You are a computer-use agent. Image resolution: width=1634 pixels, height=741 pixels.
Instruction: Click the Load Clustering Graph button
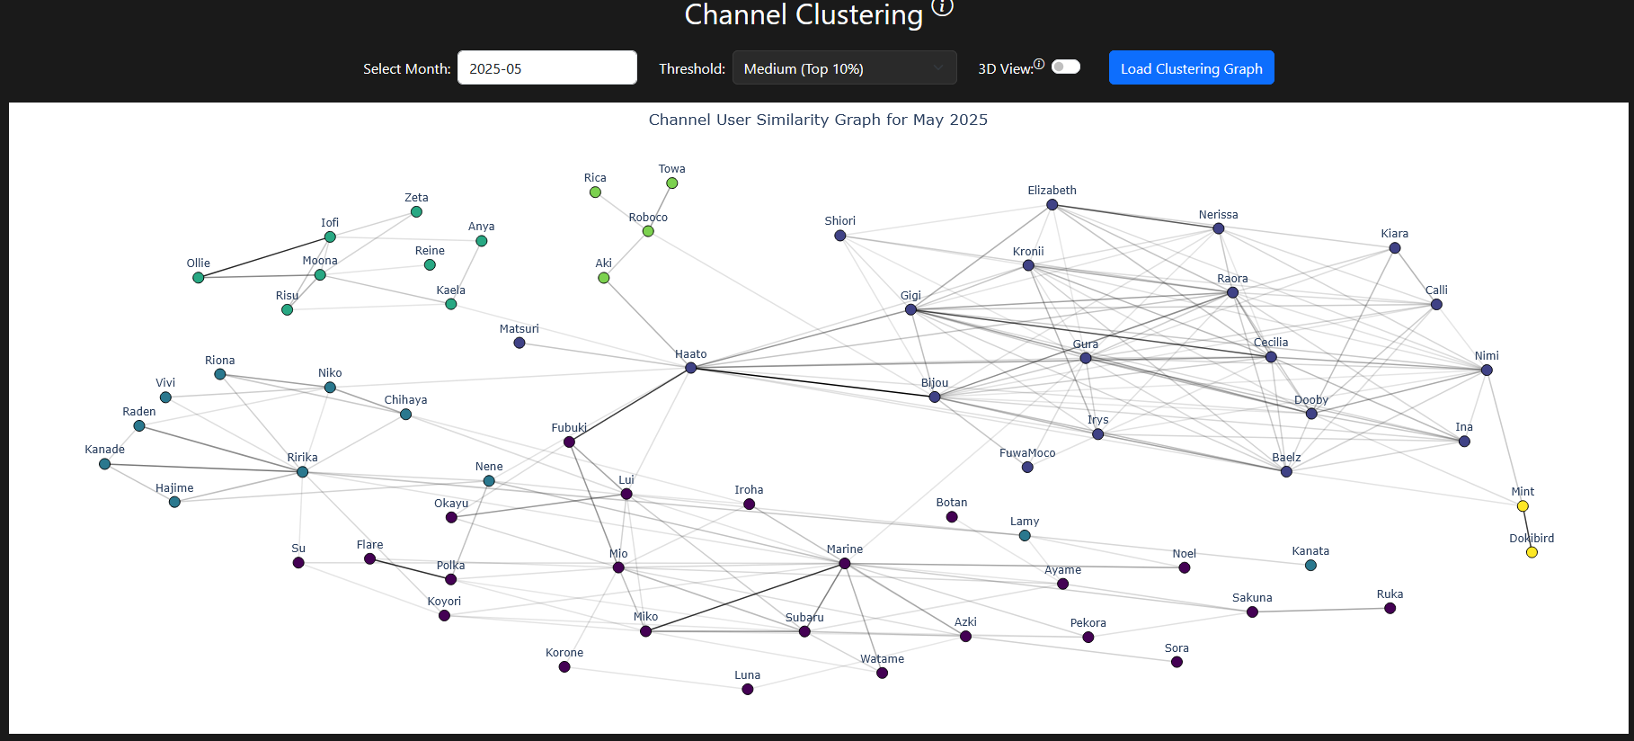pyautogui.click(x=1191, y=68)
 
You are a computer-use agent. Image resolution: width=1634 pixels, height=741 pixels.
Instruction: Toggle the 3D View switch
pyautogui.click(x=1066, y=67)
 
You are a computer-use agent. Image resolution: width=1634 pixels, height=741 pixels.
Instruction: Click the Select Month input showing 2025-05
pyautogui.click(x=546, y=68)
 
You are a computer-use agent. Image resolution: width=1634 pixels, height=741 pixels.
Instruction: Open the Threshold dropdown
pyautogui.click(x=844, y=68)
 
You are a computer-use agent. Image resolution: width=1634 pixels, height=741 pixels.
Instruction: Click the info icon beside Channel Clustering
pyautogui.click(x=942, y=7)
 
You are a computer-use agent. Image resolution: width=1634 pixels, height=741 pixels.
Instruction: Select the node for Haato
pyautogui.click(x=691, y=368)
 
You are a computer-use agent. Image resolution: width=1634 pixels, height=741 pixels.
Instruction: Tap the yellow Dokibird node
pyautogui.click(x=1532, y=552)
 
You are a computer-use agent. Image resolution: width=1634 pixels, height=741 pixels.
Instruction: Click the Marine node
pyautogui.click(x=845, y=564)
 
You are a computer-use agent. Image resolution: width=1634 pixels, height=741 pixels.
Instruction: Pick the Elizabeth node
pyautogui.click(x=1052, y=205)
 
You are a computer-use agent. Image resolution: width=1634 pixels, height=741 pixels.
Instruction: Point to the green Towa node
pyautogui.click(x=672, y=183)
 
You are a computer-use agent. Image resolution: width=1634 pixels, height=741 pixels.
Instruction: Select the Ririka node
pyautogui.click(x=303, y=472)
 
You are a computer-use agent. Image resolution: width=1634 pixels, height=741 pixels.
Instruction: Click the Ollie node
pyautogui.click(x=199, y=278)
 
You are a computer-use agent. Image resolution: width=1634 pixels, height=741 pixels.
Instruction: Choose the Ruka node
pyautogui.click(x=1390, y=609)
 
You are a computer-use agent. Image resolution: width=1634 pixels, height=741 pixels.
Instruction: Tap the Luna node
pyautogui.click(x=748, y=690)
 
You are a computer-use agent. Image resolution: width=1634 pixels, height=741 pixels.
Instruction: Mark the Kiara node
pyautogui.click(x=1395, y=248)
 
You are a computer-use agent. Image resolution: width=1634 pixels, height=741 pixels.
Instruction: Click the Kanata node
pyautogui.click(x=1310, y=566)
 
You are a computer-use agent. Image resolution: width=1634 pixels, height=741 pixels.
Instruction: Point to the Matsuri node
pyautogui.click(x=520, y=343)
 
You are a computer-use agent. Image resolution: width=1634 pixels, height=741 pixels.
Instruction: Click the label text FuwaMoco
pyautogui.click(x=1027, y=453)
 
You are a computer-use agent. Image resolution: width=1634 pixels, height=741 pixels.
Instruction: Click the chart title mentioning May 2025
pyautogui.click(x=818, y=120)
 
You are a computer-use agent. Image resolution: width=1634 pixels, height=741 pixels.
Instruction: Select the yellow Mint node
pyautogui.click(x=1523, y=506)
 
